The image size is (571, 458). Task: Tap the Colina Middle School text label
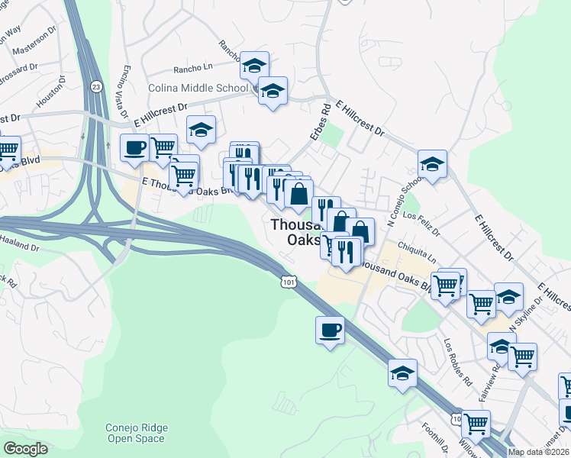click(x=192, y=89)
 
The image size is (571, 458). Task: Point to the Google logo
click(x=25, y=449)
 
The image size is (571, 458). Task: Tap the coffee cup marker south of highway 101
click(x=330, y=330)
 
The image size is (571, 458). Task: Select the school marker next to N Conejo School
click(x=432, y=163)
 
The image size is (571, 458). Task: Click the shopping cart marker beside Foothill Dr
click(x=476, y=424)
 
